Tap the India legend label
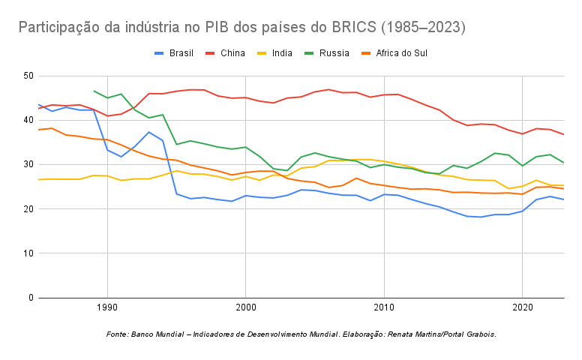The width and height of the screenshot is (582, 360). tap(282, 53)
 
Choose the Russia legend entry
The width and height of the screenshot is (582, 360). tap(334, 53)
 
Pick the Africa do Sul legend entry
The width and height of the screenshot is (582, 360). tap(400, 53)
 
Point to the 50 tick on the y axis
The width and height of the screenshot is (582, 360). tap(28, 76)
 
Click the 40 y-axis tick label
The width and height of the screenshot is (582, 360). tap(28, 120)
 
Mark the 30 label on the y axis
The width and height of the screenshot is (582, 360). tap(28, 164)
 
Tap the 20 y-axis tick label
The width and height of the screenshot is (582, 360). tap(28, 208)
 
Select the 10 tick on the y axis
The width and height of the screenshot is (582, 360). tap(28, 253)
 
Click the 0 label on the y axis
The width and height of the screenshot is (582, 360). tap(31, 298)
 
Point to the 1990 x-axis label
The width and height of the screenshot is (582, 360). tap(106, 308)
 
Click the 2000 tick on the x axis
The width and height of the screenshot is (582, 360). tap(245, 308)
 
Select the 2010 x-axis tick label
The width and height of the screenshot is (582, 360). tap(384, 308)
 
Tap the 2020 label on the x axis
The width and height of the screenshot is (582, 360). tap(523, 308)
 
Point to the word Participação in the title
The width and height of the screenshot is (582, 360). tap(63, 28)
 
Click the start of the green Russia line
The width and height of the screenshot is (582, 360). tap(94, 91)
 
